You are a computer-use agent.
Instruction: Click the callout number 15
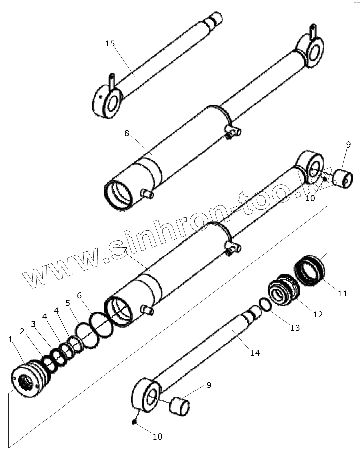tap(110, 44)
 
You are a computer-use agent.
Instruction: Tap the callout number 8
tap(127, 133)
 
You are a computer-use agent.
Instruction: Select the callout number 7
tap(125, 250)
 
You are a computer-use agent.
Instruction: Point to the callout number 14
tap(255, 353)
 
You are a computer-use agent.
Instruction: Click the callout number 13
tap(295, 328)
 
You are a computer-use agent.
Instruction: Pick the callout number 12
tap(318, 314)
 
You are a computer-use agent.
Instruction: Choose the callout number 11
tap(342, 293)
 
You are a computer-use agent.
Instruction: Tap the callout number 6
tap(79, 295)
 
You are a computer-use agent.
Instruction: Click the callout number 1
tap(10, 340)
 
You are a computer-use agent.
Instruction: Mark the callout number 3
tap(33, 324)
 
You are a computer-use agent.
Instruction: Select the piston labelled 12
tap(283, 290)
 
